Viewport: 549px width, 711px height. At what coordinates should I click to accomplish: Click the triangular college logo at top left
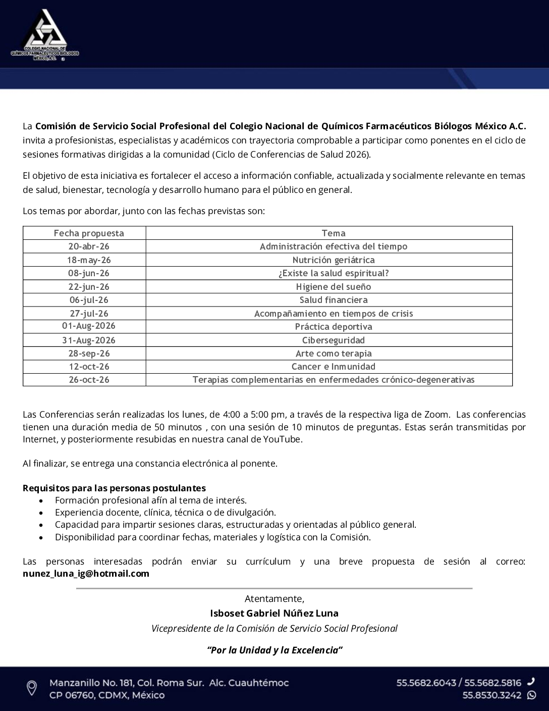[x=44, y=34]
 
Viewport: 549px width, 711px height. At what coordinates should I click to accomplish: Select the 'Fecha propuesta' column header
[x=89, y=233]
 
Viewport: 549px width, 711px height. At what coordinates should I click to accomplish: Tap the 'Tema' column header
[x=334, y=233]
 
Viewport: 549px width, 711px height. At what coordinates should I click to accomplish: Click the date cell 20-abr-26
[x=89, y=246]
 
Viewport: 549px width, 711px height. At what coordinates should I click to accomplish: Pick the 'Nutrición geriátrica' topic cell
[x=334, y=260]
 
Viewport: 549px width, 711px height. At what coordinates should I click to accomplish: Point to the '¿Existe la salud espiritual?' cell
[x=334, y=273]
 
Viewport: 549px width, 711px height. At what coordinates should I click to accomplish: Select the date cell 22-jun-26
[x=89, y=287]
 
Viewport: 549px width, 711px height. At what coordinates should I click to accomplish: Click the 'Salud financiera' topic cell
[x=334, y=300]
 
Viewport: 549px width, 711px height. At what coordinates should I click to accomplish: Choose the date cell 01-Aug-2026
[x=89, y=326]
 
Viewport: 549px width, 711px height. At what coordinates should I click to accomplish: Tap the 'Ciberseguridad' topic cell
[x=334, y=340]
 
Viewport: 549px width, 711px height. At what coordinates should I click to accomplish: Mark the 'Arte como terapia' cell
[x=334, y=353]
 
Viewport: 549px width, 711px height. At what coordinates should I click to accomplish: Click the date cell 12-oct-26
[x=89, y=367]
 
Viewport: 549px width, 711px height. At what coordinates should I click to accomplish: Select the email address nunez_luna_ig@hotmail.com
[x=86, y=574]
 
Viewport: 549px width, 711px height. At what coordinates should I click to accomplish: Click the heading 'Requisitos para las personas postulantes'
[x=114, y=488]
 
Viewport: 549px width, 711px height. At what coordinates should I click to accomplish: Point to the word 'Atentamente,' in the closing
[x=274, y=599]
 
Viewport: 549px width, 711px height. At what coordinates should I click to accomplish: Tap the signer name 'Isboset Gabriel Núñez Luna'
[x=274, y=614]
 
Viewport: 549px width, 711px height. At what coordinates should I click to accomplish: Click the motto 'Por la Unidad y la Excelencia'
[x=274, y=650]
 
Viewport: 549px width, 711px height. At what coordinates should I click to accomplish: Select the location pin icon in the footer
[x=31, y=688]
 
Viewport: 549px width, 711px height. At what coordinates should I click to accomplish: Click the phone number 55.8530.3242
[x=492, y=695]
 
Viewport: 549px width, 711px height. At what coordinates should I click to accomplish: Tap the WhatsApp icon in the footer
[x=531, y=695]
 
